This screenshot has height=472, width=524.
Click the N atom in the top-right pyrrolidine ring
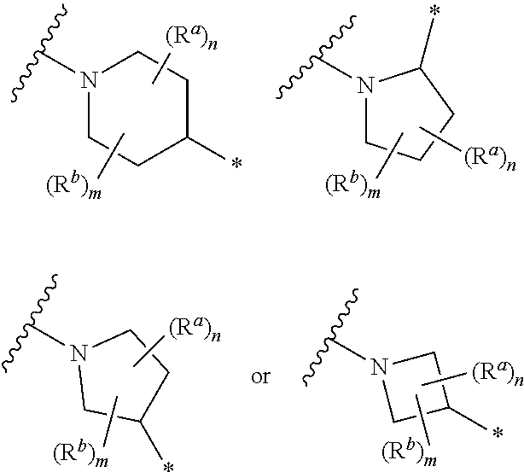click(x=364, y=85)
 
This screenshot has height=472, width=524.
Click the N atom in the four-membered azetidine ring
click(x=380, y=368)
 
